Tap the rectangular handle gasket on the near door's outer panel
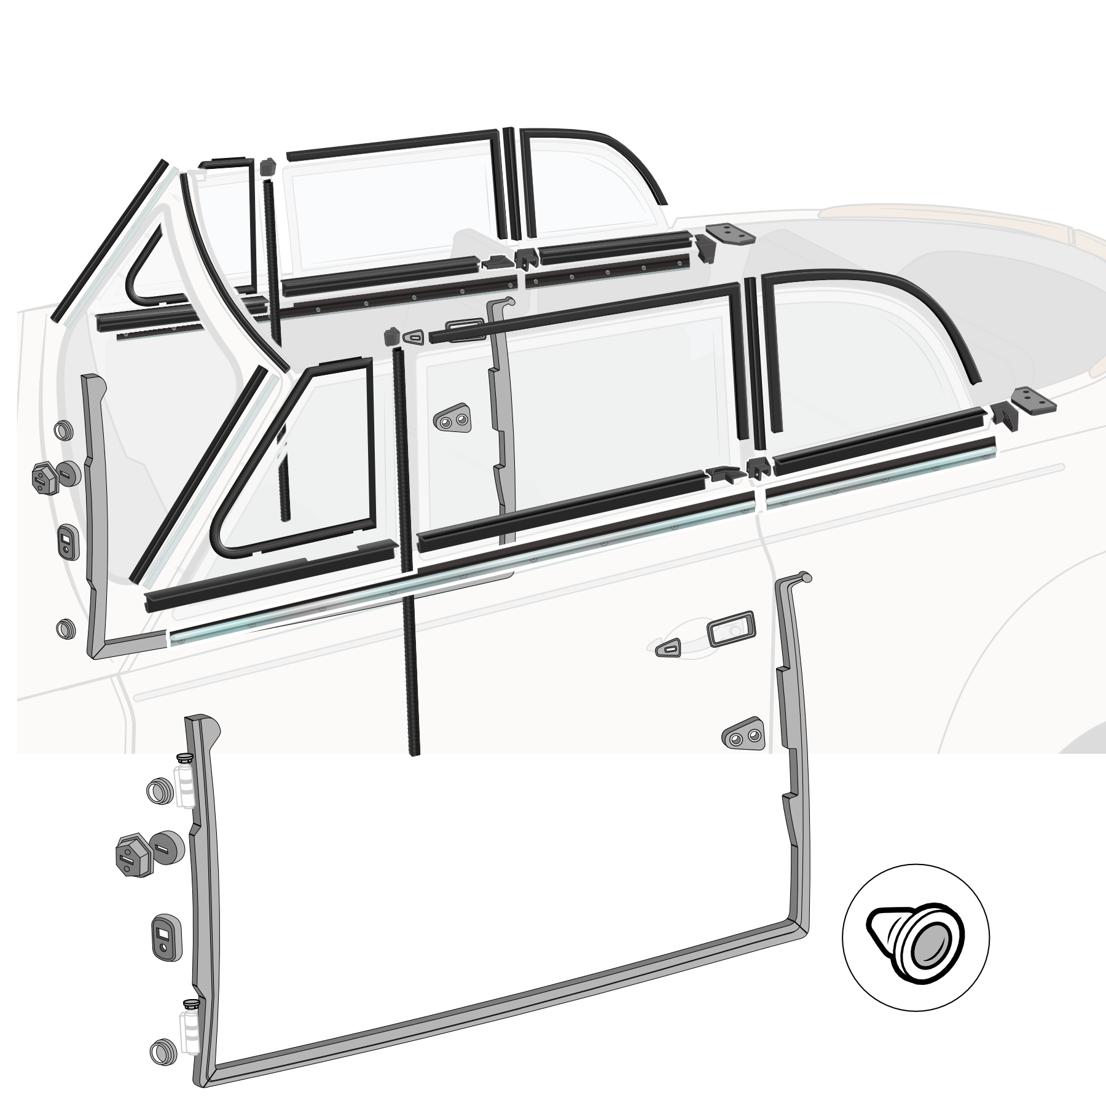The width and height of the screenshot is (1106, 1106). (x=731, y=632)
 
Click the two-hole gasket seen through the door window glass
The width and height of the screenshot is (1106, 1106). (x=452, y=419)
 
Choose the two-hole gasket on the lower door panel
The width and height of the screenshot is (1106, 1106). (x=743, y=732)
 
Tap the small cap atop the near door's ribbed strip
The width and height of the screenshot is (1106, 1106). (x=389, y=336)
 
